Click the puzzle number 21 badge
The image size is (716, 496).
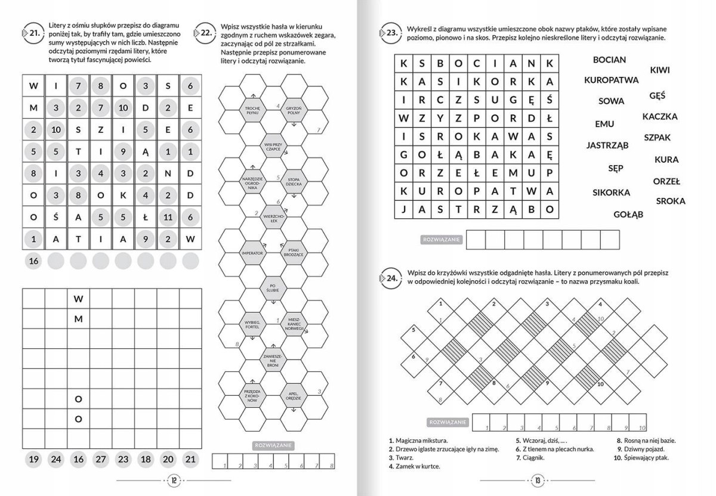(x=32, y=33)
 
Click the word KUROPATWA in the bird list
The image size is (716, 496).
(x=611, y=79)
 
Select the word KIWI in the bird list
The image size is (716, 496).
(x=659, y=70)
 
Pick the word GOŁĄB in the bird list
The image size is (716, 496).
(x=628, y=215)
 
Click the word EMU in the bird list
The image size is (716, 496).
(x=604, y=124)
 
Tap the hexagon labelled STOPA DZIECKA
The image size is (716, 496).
(x=292, y=181)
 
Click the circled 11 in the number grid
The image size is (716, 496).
(x=168, y=217)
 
